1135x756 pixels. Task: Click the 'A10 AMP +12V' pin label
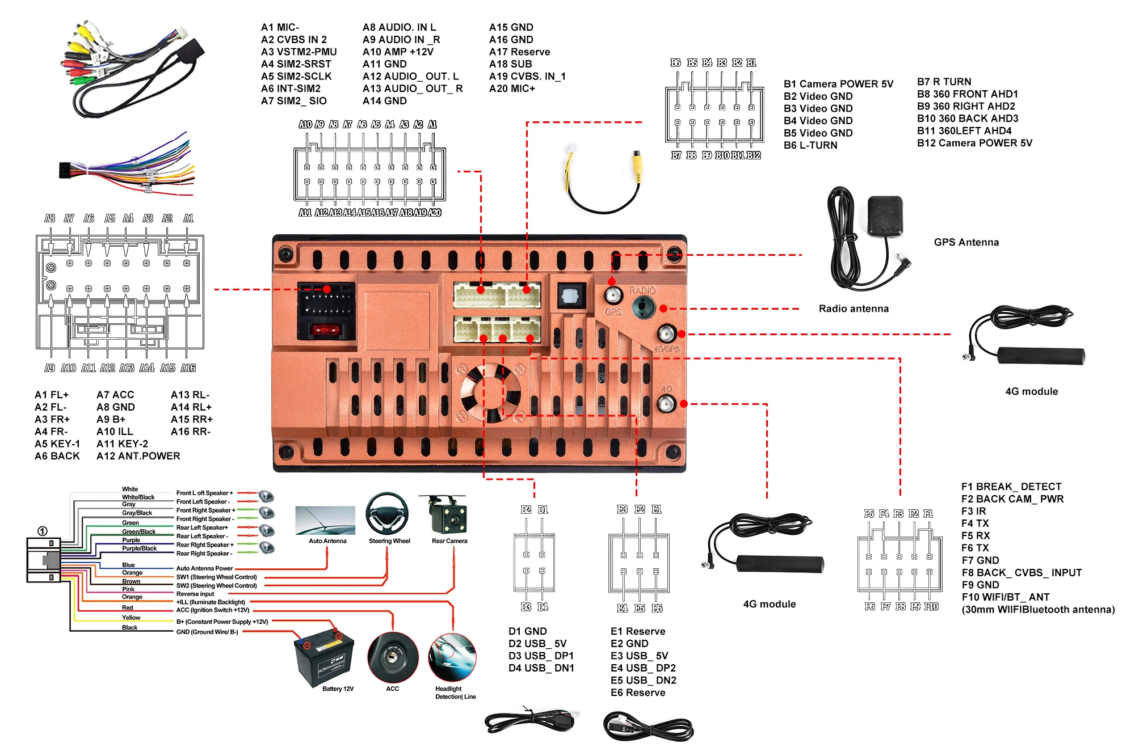point(398,52)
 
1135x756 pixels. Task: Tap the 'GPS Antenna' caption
point(966,242)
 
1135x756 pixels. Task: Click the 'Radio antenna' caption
point(854,309)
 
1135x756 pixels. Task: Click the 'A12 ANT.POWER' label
point(138,456)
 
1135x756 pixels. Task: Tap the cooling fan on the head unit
point(490,392)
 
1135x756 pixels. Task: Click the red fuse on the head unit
point(326,330)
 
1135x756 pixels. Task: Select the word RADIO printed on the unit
point(642,290)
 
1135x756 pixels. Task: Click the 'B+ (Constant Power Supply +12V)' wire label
point(222,622)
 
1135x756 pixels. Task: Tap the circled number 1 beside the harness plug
point(43,531)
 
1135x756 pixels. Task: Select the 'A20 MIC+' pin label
point(512,88)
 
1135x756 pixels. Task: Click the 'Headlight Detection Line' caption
point(455,692)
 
